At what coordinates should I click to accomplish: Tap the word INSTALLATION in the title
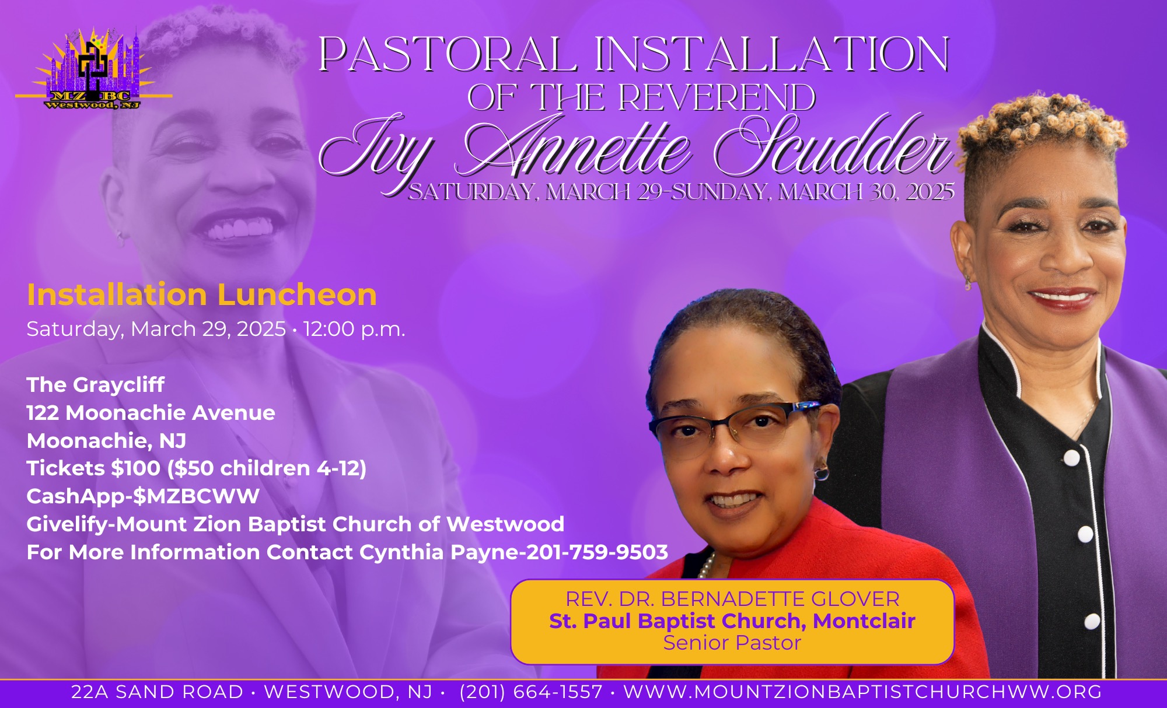(772, 54)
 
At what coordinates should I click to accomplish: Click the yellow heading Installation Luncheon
(202, 295)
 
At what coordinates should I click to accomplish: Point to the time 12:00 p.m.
(354, 330)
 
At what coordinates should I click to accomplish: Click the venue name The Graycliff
(96, 385)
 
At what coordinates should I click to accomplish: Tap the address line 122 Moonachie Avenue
(151, 413)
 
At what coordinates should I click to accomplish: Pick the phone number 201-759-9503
(598, 552)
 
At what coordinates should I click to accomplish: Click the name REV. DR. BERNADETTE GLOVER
(732, 599)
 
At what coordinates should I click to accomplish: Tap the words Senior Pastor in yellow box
(732, 643)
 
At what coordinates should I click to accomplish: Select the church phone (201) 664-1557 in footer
(531, 692)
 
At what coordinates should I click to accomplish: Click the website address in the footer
(862, 692)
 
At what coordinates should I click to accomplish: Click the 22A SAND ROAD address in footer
(157, 692)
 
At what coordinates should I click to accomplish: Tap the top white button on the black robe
(1071, 458)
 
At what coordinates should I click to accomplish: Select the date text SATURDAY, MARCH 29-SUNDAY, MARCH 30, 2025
(681, 192)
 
